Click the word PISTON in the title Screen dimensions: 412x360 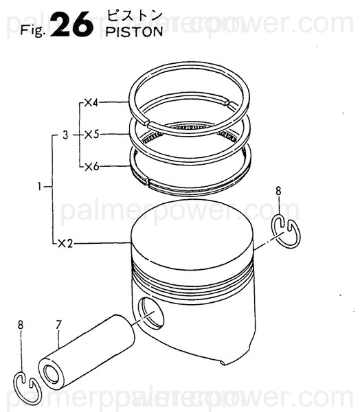135,32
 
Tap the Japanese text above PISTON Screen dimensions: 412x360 130,16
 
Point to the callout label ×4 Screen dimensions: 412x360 91,103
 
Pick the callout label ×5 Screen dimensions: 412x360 91,135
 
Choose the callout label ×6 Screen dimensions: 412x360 91,166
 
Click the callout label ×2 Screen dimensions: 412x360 65,243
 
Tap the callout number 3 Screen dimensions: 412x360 64,135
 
